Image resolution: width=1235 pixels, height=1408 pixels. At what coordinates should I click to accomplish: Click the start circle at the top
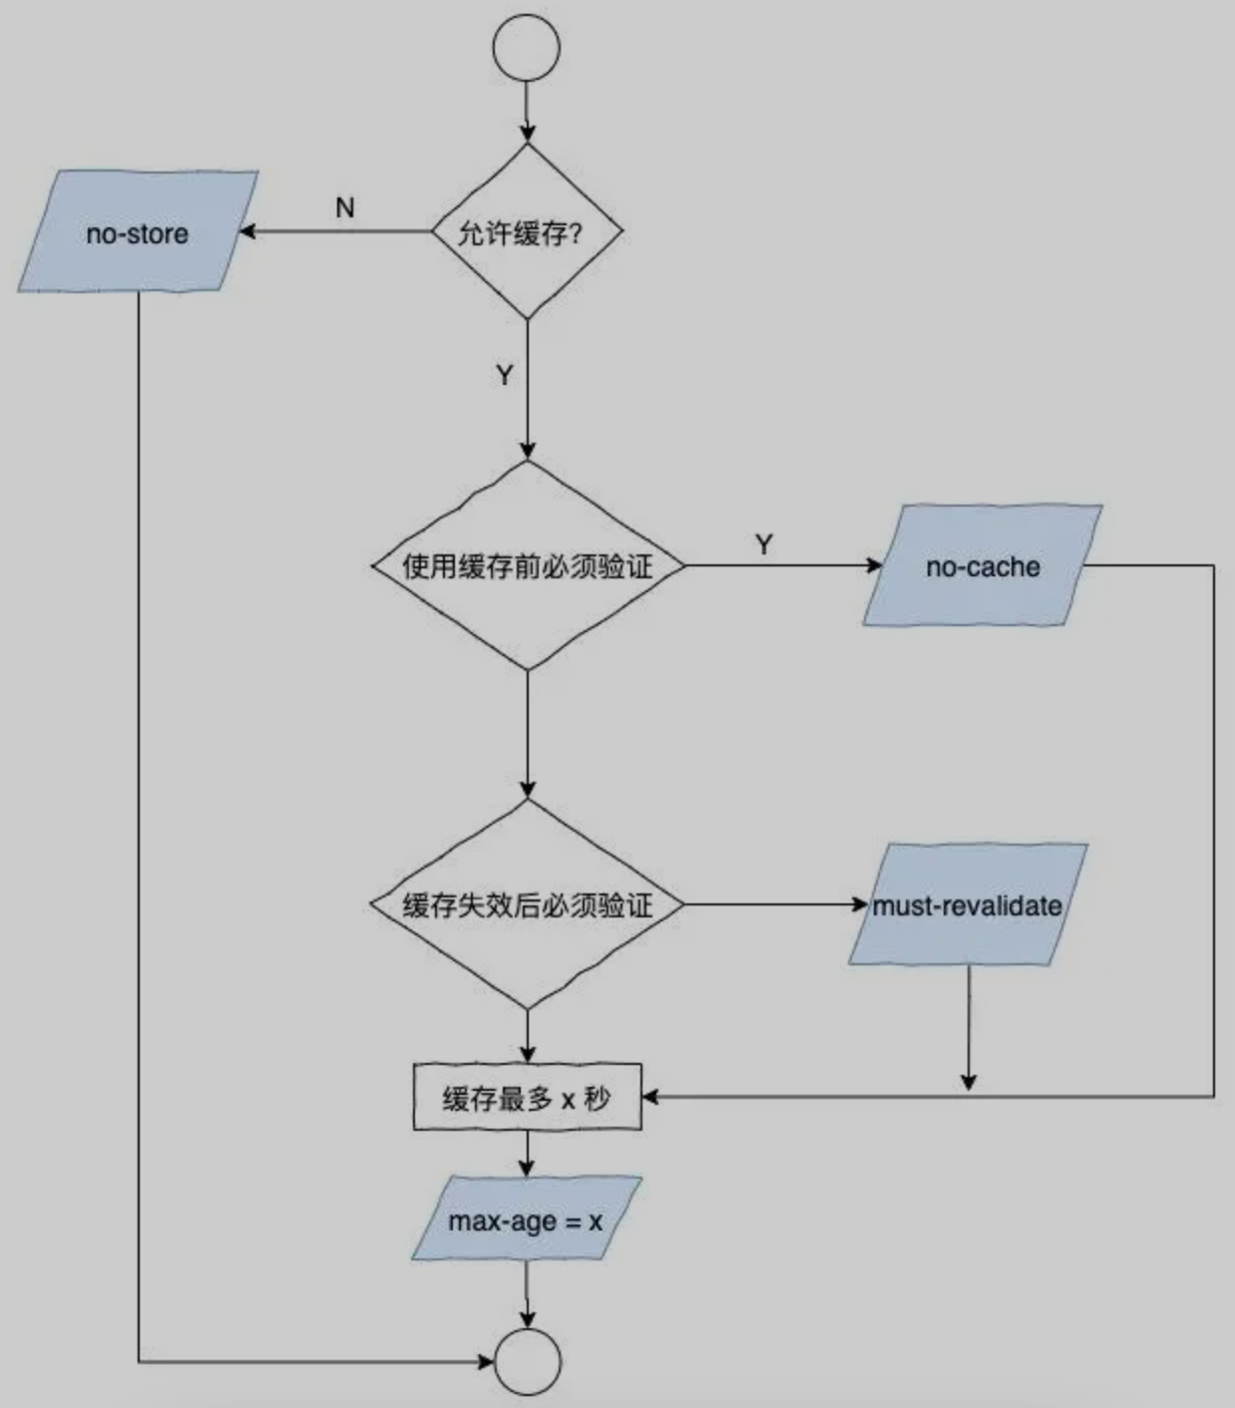[526, 47]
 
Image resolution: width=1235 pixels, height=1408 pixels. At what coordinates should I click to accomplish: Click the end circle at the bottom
[528, 1361]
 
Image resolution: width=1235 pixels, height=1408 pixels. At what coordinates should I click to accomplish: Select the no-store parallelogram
[138, 232]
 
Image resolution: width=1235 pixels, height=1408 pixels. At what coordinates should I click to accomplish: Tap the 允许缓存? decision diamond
[527, 232]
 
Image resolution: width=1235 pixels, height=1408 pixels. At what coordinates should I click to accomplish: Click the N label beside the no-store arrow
[345, 207]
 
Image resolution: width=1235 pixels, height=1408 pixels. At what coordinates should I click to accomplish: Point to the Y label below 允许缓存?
[505, 375]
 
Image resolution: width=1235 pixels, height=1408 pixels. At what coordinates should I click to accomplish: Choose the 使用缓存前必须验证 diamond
[528, 565]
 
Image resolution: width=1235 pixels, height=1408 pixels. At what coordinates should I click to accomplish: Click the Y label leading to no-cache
[764, 544]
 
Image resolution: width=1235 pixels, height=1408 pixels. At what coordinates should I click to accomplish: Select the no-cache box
[983, 566]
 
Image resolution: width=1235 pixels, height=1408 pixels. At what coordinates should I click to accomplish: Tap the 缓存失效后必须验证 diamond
[528, 904]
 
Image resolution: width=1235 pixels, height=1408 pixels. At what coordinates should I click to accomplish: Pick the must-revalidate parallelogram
[968, 904]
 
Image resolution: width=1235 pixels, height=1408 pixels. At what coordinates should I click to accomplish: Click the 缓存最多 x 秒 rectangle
[527, 1098]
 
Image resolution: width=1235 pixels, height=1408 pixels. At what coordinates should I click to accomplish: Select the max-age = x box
[526, 1220]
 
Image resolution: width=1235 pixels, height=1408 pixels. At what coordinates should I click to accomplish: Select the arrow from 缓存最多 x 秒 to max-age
[527, 1155]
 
